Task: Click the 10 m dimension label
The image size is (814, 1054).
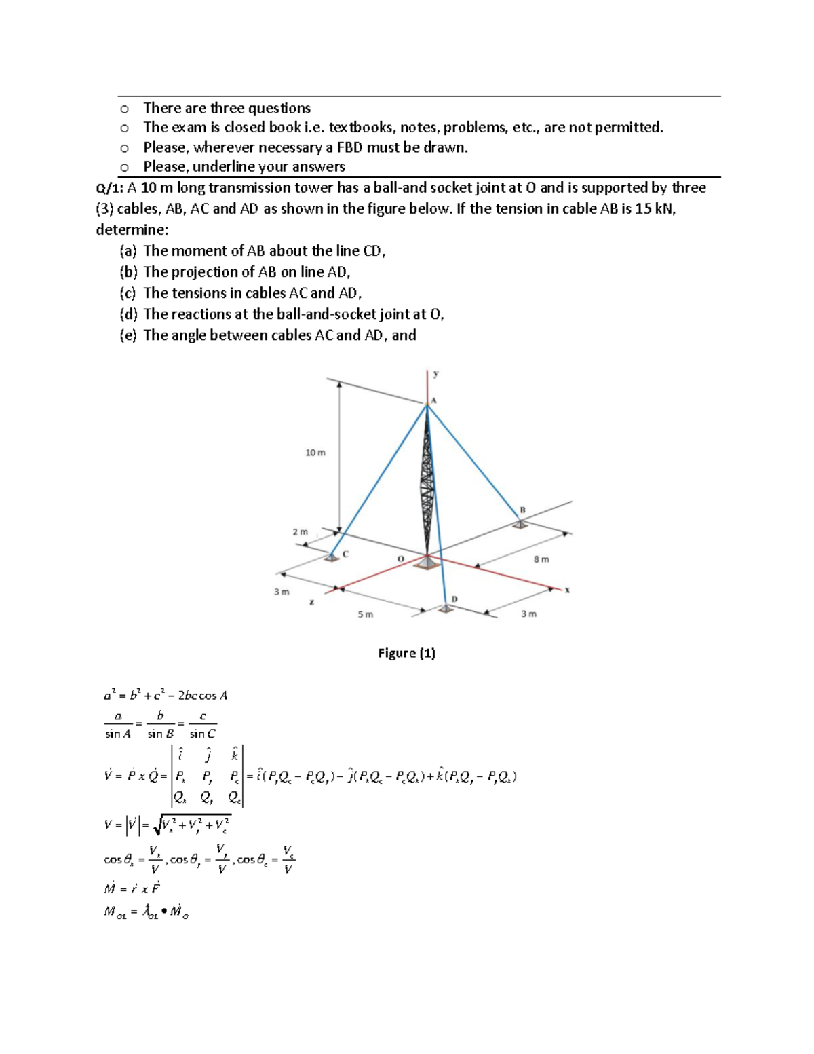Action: (x=315, y=453)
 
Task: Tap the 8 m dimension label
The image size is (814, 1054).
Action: (x=541, y=559)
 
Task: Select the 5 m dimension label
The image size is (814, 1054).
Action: (x=366, y=614)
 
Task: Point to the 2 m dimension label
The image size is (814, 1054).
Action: (x=300, y=532)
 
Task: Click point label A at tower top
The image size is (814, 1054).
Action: (x=434, y=400)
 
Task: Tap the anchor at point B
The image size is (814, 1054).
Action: (x=520, y=523)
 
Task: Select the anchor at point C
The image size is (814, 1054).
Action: (x=331, y=557)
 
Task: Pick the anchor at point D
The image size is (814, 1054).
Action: (x=445, y=609)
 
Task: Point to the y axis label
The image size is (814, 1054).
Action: (x=436, y=373)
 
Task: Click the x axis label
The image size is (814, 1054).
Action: (x=567, y=590)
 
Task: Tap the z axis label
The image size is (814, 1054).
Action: (x=311, y=602)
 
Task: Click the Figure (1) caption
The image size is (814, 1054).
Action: (x=406, y=653)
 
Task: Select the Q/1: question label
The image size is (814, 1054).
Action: (x=110, y=188)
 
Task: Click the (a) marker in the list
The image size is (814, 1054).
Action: (x=128, y=251)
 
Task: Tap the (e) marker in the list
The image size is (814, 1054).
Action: (x=128, y=335)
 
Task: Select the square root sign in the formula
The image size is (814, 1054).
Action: (x=160, y=825)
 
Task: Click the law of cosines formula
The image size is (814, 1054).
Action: (x=166, y=695)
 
